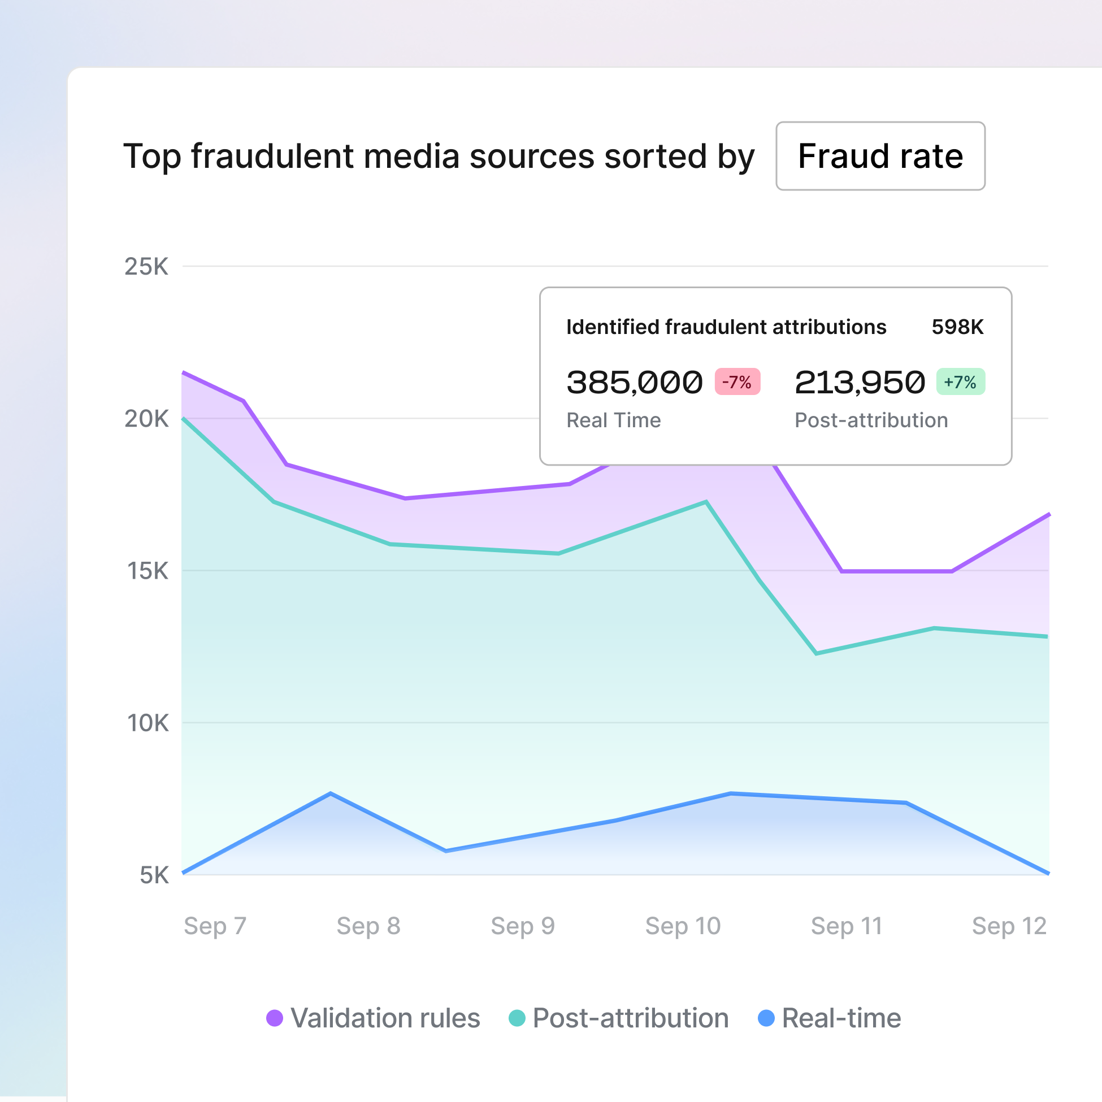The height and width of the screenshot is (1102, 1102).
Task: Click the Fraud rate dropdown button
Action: [x=880, y=156]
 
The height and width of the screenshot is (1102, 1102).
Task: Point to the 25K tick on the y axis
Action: [x=146, y=266]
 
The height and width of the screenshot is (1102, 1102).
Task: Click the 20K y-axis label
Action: [x=146, y=419]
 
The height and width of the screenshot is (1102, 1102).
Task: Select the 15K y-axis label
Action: [x=147, y=571]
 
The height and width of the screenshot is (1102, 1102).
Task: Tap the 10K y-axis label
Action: [x=147, y=723]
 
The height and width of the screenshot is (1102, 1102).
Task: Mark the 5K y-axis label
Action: [x=154, y=875]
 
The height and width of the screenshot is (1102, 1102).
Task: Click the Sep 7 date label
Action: [x=215, y=926]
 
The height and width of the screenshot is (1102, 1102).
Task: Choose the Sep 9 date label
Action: [x=523, y=926]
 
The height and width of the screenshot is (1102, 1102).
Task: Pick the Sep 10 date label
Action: [x=683, y=926]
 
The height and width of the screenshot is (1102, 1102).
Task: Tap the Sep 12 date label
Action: [x=1009, y=926]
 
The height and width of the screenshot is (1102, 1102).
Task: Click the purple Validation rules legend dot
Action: [x=274, y=1018]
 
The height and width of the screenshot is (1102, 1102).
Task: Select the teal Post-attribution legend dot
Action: [x=517, y=1018]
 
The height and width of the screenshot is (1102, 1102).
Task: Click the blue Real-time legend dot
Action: [x=766, y=1018]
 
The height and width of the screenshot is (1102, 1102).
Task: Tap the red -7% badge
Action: [x=737, y=381]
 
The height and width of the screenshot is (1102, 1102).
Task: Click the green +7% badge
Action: [x=960, y=381]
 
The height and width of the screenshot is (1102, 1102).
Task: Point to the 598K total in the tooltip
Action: [x=957, y=327]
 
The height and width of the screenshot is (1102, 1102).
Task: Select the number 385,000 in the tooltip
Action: [x=634, y=382]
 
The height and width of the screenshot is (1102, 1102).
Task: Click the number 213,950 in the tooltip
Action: [x=860, y=382]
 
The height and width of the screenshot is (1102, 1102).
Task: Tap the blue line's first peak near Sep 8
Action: [x=331, y=793]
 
